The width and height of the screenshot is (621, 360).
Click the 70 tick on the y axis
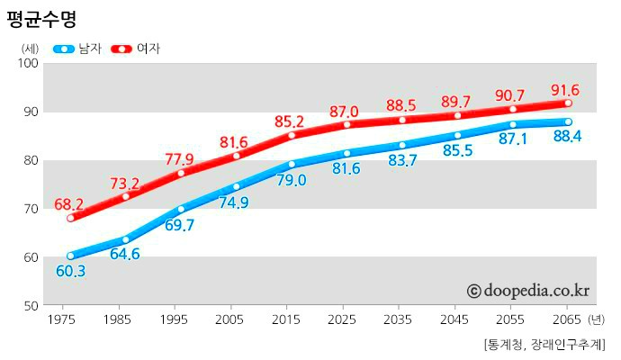tap(29, 209)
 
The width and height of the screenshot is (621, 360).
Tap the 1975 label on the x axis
tap(61, 319)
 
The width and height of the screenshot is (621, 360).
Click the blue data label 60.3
tap(70, 271)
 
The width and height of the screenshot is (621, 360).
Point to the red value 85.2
tap(290, 121)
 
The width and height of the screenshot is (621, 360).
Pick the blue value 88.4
tap(567, 137)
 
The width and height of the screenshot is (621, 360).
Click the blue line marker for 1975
tap(70, 256)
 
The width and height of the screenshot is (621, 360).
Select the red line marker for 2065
tap(568, 103)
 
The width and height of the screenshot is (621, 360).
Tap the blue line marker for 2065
tap(568, 121)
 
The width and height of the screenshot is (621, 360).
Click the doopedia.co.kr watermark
tap(527, 291)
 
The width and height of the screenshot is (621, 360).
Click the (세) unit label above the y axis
tap(30, 49)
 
